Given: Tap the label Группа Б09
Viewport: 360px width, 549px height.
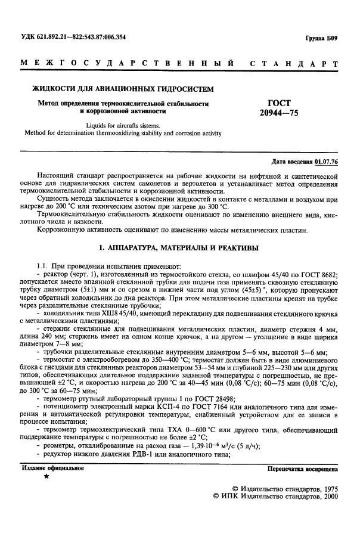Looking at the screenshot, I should [324, 38].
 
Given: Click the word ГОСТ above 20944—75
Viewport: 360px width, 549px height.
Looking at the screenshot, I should [279, 103].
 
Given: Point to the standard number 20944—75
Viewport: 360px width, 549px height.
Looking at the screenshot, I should [279, 113].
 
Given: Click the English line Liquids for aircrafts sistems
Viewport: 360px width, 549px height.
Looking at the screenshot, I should [120, 126].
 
